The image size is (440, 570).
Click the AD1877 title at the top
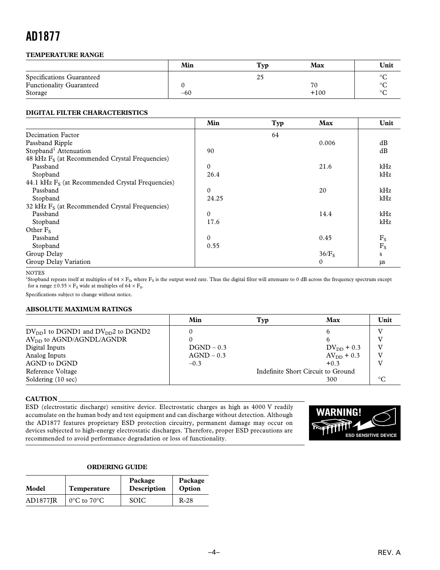coord(43,37)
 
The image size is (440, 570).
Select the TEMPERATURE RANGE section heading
coord(65,55)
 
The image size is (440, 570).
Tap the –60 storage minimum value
coord(186,93)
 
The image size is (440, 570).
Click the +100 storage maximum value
coord(318,93)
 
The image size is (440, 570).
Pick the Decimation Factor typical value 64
coord(275,135)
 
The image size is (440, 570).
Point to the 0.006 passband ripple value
coord(327,143)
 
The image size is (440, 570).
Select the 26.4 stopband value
coord(213,175)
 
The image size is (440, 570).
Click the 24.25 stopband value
coord(215,199)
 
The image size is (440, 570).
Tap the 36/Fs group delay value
coord(327,254)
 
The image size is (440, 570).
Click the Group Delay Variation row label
coord(58,262)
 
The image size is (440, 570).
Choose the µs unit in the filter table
coord(382,262)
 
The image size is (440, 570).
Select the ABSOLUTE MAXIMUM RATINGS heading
coord(79,309)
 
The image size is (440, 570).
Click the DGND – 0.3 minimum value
coord(207,348)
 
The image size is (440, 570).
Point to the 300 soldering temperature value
coord(331,379)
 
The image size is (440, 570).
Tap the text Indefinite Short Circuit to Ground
coord(305,371)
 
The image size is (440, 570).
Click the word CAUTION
coord(41,399)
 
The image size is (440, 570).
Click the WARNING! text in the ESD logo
coord(338,413)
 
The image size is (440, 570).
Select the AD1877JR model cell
coord(41,501)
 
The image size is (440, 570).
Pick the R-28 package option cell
coord(186,501)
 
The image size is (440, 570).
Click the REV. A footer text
coord(389,552)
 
